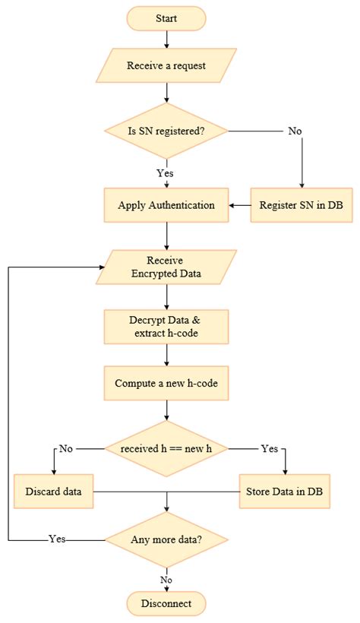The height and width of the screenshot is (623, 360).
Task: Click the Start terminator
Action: (x=166, y=17)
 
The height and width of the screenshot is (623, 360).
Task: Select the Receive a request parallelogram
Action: (x=166, y=65)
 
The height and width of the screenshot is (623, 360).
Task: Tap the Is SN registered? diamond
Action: (x=166, y=131)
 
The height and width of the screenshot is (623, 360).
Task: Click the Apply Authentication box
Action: (x=166, y=205)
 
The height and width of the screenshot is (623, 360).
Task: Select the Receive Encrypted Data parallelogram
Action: (x=166, y=267)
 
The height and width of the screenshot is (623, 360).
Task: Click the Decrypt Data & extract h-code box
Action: (x=166, y=325)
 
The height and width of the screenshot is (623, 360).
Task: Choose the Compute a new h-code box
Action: (x=166, y=383)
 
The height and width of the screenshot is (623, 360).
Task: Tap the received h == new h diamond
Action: (x=166, y=448)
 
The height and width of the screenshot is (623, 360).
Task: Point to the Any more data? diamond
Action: (x=166, y=540)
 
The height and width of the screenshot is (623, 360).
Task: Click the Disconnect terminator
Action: (x=166, y=603)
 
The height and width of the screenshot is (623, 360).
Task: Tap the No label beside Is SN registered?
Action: (x=295, y=131)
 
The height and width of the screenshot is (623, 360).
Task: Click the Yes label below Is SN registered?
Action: (x=166, y=172)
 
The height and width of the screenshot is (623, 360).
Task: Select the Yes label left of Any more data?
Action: (x=57, y=539)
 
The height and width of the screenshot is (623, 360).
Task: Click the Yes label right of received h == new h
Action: (x=270, y=448)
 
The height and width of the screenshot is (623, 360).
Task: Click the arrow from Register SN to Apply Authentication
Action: (x=240, y=205)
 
